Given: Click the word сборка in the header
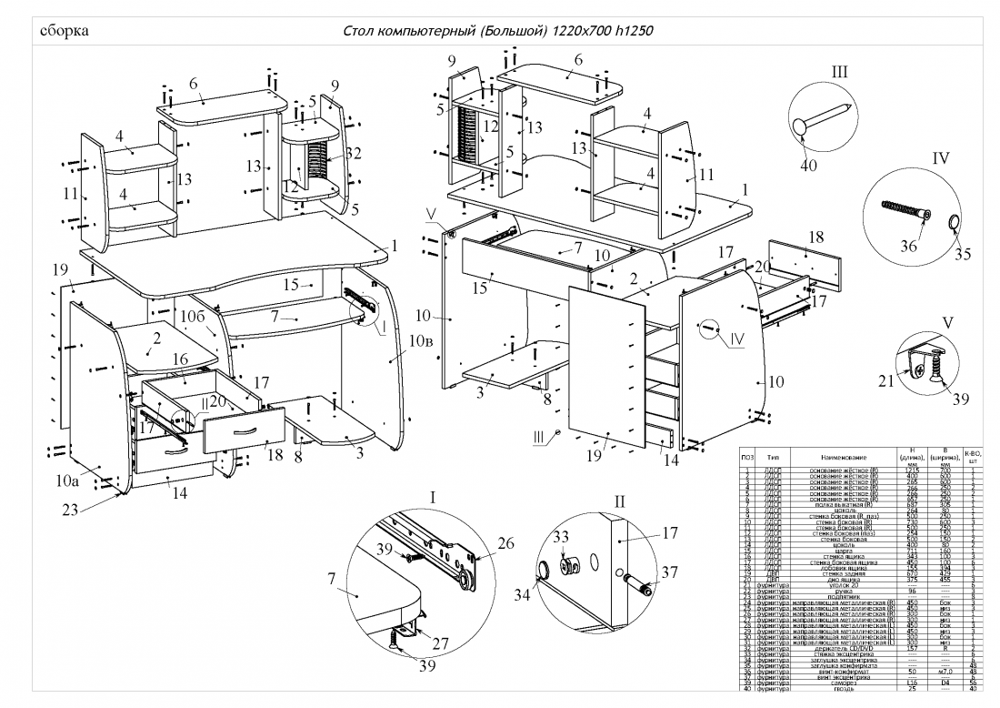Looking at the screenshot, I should click(x=65, y=31).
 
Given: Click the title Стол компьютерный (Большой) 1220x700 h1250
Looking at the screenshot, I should click(x=499, y=31).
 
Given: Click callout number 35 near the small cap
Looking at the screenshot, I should click(x=961, y=254).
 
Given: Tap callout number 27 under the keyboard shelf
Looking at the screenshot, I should click(x=440, y=643).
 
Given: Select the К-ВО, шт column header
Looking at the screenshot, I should click(x=970, y=456).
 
